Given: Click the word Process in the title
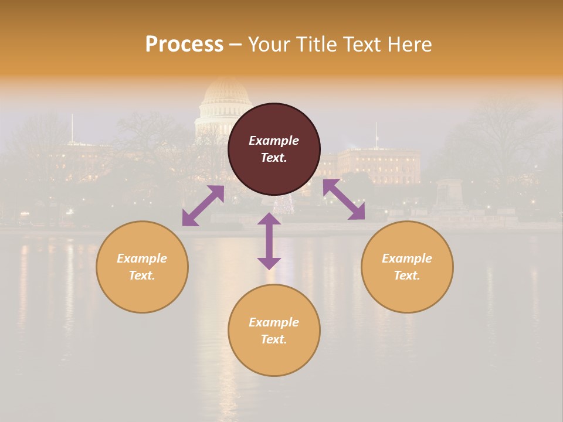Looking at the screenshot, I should (x=184, y=45).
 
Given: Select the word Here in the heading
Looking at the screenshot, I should (x=410, y=45).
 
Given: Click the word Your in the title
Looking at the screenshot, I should (x=269, y=45).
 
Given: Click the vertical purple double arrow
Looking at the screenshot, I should (x=269, y=241).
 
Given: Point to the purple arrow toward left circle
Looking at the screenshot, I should (x=203, y=206).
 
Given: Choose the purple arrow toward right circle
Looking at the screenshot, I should (x=344, y=199).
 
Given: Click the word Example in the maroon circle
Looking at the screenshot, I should (x=274, y=141).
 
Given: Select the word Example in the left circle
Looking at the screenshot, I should (x=142, y=258).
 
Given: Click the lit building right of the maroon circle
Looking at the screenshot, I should (x=379, y=165).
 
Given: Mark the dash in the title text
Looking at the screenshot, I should (x=235, y=45).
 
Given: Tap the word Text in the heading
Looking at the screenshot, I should (x=362, y=45).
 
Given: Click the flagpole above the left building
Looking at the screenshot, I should (x=72, y=128).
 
